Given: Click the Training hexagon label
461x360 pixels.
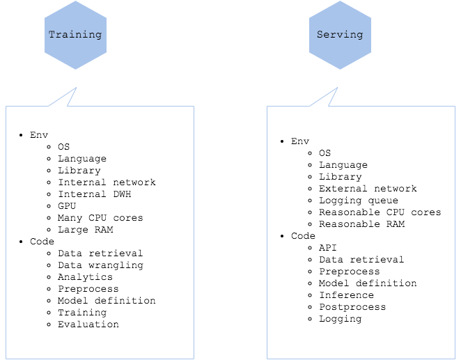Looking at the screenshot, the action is pos(75,35).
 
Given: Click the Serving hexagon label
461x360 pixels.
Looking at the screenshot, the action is pos(340,35).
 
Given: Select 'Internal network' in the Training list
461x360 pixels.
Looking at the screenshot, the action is pos(107,182).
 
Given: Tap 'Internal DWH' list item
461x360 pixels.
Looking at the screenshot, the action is pos(95,194).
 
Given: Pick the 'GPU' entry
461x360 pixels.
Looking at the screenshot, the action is pos(67,205).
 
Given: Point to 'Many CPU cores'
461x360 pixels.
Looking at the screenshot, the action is pos(100,218).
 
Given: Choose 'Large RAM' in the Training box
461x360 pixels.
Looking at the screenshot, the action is pos(85,230).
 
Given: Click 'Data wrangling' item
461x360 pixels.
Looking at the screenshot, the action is pos(100,265).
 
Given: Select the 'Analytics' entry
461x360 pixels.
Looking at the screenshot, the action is pos(85,277).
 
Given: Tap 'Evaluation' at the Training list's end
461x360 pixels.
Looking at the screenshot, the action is pos(88,324).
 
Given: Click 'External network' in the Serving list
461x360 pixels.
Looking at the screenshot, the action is pos(368,189).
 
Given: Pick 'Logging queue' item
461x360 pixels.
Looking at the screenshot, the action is pos(359,201).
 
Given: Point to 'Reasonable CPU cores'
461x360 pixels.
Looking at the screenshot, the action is pos(380,212).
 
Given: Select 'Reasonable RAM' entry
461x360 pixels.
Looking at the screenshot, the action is pos(362,224).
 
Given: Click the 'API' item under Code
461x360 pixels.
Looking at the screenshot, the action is pos(328,248).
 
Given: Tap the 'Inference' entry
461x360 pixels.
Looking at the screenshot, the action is pos(347,295).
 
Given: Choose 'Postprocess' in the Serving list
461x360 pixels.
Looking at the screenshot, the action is pos(352,307).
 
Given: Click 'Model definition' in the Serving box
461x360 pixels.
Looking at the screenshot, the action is pos(368,283).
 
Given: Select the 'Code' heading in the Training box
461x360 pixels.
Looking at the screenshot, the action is pos(42,242).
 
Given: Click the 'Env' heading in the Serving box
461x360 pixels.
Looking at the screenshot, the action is pos(300,141).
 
